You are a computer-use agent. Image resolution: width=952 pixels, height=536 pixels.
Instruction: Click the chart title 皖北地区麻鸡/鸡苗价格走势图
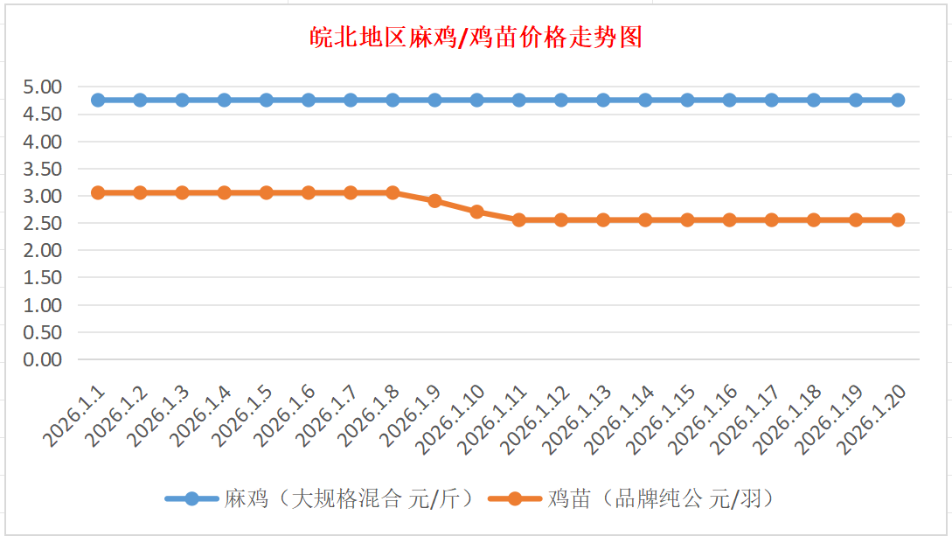coord(476,38)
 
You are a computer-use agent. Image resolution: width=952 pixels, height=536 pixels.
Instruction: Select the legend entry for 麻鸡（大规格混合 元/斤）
coord(348,499)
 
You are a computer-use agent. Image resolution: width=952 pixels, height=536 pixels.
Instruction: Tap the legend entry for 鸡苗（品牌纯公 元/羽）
coord(661,499)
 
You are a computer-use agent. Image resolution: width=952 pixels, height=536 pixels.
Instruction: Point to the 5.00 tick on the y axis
coord(44,87)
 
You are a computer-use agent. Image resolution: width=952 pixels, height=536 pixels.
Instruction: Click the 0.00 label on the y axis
coord(44,359)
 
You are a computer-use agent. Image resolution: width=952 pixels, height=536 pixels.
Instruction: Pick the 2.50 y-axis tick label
coord(44,223)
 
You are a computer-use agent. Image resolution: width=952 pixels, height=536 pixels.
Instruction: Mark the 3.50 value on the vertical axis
coord(44,169)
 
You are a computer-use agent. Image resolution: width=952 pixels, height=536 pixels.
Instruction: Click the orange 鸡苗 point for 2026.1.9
coord(434,201)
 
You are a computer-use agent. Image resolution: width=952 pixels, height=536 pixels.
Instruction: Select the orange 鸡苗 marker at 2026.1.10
coord(476,212)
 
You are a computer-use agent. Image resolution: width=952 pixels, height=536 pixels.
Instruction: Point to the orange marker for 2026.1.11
coord(519,220)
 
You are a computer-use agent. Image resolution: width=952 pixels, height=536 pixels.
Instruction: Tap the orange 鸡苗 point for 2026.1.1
coord(98,192)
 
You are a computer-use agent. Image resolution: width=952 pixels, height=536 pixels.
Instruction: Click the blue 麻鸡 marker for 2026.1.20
coord(898,100)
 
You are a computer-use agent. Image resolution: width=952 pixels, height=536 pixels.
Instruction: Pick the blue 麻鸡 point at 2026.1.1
coord(98,100)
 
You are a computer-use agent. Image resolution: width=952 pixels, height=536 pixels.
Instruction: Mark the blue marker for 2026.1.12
coord(561,100)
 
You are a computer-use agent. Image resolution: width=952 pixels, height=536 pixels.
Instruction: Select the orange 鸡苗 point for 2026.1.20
coord(898,220)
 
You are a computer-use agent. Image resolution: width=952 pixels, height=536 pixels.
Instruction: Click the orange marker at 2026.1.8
coord(393,192)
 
